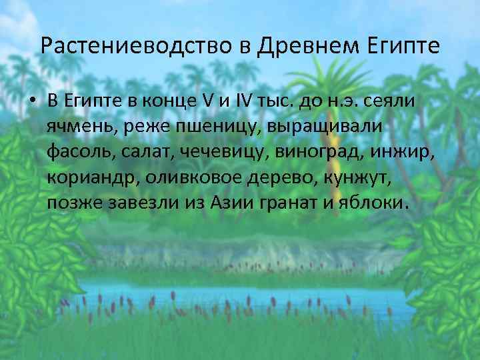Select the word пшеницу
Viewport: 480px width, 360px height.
[x=190, y=127]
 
